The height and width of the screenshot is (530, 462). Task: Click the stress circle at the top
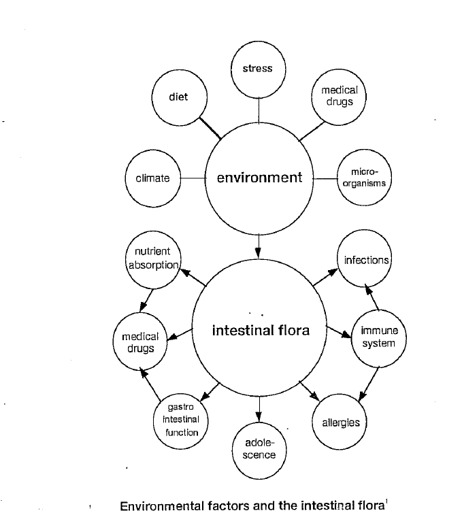click(258, 69)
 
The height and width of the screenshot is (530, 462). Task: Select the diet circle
click(178, 97)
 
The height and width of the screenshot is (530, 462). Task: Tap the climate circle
click(153, 178)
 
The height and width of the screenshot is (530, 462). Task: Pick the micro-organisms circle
click(364, 178)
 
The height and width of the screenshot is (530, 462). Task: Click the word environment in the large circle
click(259, 178)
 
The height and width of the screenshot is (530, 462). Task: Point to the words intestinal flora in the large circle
click(261, 331)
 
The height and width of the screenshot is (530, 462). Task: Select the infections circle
click(366, 261)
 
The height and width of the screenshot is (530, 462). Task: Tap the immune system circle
click(378, 337)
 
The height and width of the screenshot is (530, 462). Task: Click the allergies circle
click(340, 423)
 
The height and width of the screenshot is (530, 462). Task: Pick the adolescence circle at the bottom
click(259, 449)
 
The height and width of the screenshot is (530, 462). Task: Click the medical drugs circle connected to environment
click(338, 96)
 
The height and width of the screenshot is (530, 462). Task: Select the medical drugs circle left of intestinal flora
click(140, 342)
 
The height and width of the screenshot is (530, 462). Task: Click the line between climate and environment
click(193, 178)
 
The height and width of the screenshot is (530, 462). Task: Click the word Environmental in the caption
click(161, 506)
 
